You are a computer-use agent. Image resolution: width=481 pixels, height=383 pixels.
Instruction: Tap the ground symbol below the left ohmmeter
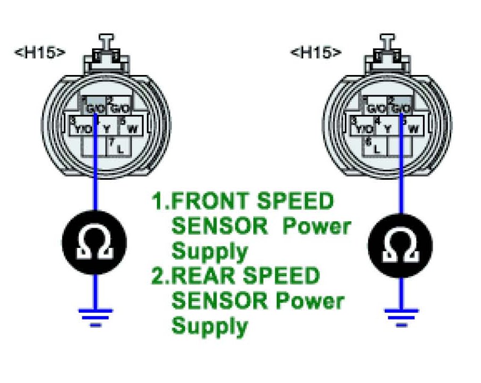pyautogui.click(x=95, y=314)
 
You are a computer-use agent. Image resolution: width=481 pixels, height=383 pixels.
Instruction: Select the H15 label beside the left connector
pyautogui.click(x=42, y=52)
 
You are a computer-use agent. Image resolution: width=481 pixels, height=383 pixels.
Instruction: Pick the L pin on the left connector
pyautogui.click(x=119, y=147)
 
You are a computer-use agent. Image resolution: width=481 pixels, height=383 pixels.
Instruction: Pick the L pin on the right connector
pyautogui.click(x=376, y=147)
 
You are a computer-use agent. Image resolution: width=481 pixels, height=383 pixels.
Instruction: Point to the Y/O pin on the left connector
pyautogui.click(x=83, y=128)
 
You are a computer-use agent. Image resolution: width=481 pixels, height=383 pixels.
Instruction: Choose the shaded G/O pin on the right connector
pyautogui.click(x=401, y=108)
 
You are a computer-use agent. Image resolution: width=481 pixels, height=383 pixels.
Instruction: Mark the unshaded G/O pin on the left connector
pyautogui.click(x=119, y=108)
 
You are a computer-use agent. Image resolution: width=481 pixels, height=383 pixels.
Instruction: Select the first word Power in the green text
pyautogui.click(x=316, y=226)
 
